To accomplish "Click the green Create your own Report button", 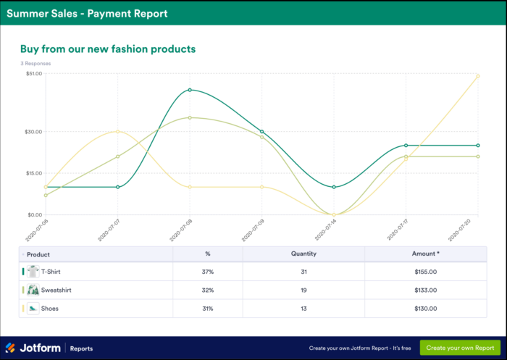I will pyautogui.click(x=460, y=348).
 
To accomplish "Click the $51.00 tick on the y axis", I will pyautogui.click(x=34, y=74).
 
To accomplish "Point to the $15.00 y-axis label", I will pyautogui.click(x=34, y=173).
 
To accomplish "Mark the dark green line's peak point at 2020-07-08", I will pyautogui.click(x=190, y=90).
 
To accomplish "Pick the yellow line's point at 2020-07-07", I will pyautogui.click(x=117, y=132).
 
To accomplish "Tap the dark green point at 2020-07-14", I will pyautogui.click(x=334, y=187).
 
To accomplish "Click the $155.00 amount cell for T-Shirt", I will pyautogui.click(x=425, y=272).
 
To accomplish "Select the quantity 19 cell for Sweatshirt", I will pyautogui.click(x=304, y=290).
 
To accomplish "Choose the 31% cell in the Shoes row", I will pyautogui.click(x=208, y=309).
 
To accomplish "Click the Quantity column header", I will pyautogui.click(x=304, y=254).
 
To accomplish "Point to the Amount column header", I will pyautogui.click(x=425, y=254).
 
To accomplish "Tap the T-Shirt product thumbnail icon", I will pyautogui.click(x=33, y=272).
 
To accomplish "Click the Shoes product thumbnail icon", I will pyautogui.click(x=33, y=309).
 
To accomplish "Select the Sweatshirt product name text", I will pyautogui.click(x=56, y=290).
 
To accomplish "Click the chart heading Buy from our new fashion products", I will pyautogui.click(x=108, y=49).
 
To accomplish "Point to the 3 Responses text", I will pyautogui.click(x=35, y=64).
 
